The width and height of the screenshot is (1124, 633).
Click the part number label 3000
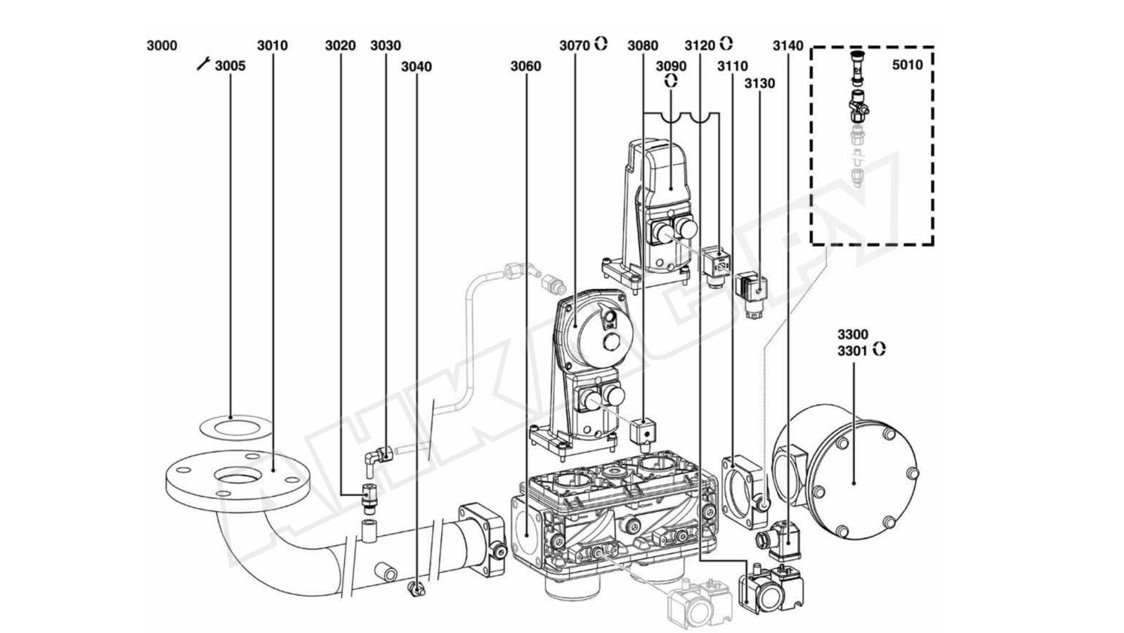(x=162, y=46)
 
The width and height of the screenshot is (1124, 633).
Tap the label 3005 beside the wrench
(x=230, y=66)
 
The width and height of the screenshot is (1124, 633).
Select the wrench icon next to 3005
(x=203, y=65)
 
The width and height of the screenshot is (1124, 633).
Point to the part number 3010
(x=272, y=46)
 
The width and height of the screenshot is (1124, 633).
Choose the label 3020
(x=340, y=46)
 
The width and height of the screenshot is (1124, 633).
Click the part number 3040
(x=416, y=67)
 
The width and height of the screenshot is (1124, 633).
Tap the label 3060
(x=525, y=67)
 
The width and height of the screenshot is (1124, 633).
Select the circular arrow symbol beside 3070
(x=601, y=44)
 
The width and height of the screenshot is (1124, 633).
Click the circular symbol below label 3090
(x=671, y=80)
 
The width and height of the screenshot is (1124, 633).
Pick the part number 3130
(x=759, y=84)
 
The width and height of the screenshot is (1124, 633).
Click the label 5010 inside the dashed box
(x=907, y=65)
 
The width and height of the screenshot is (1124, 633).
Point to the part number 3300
(x=852, y=334)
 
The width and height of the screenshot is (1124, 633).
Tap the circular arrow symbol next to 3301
(x=879, y=350)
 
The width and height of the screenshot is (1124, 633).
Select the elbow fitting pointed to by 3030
(x=374, y=457)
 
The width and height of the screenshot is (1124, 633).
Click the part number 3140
(x=788, y=46)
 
